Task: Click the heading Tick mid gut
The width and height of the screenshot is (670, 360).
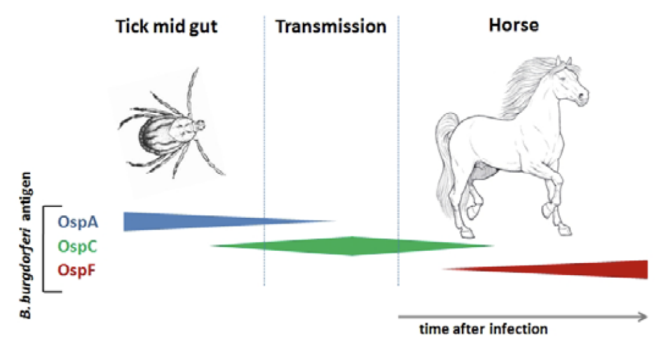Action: (x=166, y=27)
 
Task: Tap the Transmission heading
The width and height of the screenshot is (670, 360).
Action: (x=331, y=27)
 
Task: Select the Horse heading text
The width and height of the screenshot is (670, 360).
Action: (x=514, y=25)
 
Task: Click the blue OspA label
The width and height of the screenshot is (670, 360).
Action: (x=78, y=222)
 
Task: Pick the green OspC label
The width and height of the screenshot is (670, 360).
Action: (x=78, y=246)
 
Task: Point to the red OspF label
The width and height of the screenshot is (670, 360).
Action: (x=76, y=270)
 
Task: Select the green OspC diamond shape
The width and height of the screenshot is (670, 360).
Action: (x=353, y=246)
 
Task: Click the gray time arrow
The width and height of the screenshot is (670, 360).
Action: (x=523, y=317)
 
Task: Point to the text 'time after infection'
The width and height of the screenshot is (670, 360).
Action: (x=483, y=329)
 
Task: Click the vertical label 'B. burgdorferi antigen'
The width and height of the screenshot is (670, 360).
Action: (x=26, y=246)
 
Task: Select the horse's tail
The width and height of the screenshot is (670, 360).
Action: (x=445, y=162)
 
